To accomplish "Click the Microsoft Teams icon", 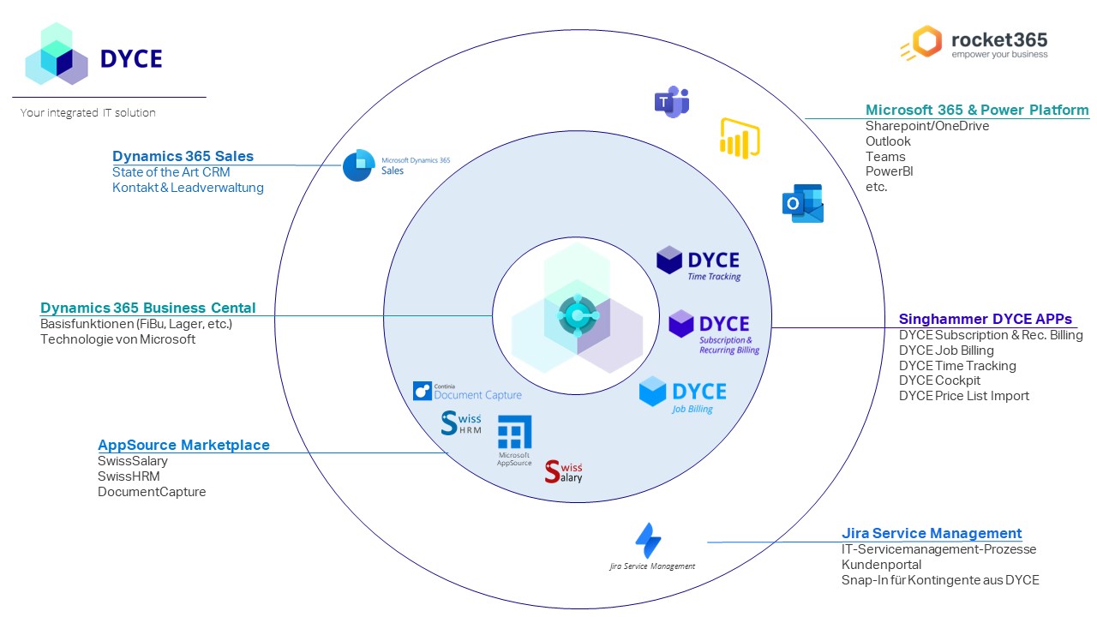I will [x=672, y=102].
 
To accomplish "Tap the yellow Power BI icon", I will [x=740, y=139].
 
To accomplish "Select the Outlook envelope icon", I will [x=803, y=204].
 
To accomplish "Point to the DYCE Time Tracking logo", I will [x=698, y=263].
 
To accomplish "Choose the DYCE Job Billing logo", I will [x=682, y=395].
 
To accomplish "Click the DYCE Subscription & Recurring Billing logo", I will [x=713, y=330].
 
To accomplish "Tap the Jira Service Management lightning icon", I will [x=648, y=540].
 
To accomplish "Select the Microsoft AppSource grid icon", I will [x=514, y=433].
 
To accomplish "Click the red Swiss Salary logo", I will [x=564, y=471].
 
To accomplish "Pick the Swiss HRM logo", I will [x=461, y=423].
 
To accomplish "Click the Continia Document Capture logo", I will [x=467, y=392].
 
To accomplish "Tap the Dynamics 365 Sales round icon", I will [x=358, y=165].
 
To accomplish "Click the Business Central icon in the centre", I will [x=577, y=315].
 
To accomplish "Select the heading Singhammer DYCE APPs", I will [x=985, y=320].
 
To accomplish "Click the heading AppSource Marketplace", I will [x=183, y=446].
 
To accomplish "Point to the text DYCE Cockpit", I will [x=939, y=380].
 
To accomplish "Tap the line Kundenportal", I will [x=881, y=565].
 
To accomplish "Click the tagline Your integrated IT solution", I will [x=88, y=112].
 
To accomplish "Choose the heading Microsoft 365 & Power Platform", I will [x=977, y=110].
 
